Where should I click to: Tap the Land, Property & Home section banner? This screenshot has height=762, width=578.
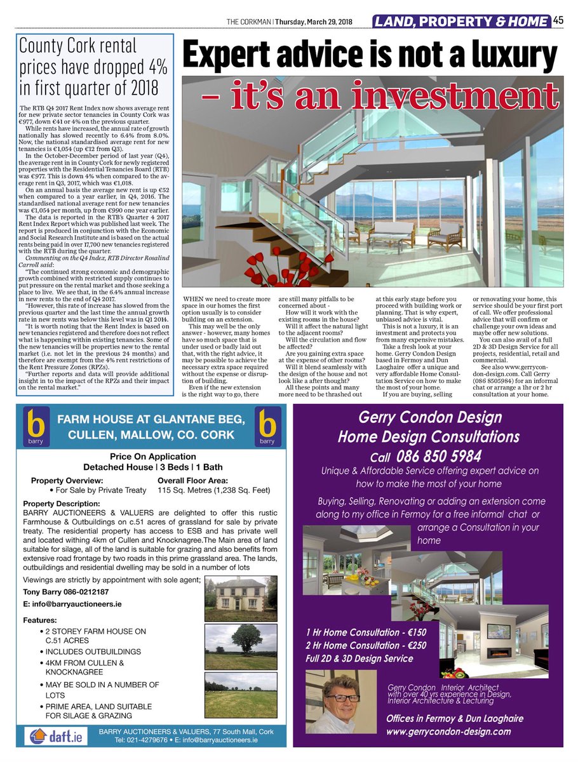pyautogui.click(x=461, y=22)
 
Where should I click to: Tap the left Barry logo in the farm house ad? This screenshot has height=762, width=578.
pyautogui.click(x=37, y=427)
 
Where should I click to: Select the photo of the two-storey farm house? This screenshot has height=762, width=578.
pyautogui.click(x=241, y=598)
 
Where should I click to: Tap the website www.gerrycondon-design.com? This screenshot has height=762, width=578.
pyautogui.click(x=448, y=732)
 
